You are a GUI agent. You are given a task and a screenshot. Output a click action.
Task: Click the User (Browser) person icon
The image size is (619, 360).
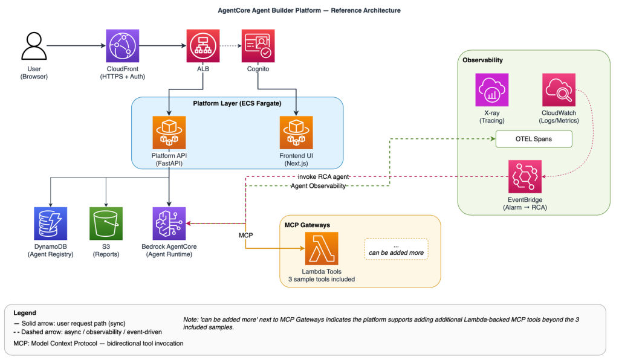pos(34,46)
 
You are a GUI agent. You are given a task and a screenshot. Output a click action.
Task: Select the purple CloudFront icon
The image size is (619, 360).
pos(122,46)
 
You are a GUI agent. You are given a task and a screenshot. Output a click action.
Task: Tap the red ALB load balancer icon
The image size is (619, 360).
pos(203,46)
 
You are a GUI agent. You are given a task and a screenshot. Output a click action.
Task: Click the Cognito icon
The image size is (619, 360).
pos(258,46)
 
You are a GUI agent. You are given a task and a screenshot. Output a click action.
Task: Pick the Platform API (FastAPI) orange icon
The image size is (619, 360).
pos(169,132)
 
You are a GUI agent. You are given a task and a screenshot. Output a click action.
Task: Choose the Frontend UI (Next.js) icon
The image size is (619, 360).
pos(296,132)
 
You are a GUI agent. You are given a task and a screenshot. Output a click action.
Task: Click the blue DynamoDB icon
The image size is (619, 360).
pos(51,223)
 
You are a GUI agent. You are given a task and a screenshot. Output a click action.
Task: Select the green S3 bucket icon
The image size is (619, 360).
pos(106,223)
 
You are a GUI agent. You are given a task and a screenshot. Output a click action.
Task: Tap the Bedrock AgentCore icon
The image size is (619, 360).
pos(169,223)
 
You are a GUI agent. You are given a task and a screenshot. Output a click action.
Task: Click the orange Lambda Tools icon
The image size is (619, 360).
pos(322,248)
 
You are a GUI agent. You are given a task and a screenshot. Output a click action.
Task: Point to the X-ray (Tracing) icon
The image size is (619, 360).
pos(492,90)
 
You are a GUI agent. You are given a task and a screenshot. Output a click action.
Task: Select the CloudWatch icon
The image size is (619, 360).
pos(559,90)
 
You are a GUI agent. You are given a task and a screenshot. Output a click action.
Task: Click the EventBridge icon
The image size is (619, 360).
pos(525,176)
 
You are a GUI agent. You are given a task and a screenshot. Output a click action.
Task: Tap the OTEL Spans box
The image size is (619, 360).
pos(534,139)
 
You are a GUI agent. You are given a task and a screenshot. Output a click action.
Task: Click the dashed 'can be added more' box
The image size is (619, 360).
pos(396,249)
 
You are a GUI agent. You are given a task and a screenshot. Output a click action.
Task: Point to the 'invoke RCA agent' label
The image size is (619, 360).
pos(323,176)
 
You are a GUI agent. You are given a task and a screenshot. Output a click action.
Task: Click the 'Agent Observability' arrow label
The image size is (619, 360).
pos(318,185)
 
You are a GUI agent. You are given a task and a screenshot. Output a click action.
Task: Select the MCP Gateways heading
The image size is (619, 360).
pos(307,225)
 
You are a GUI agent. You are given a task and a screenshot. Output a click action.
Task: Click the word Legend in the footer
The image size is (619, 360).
pos(25,313)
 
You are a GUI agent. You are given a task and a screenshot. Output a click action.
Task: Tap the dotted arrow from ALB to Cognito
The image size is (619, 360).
pos(230,46)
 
